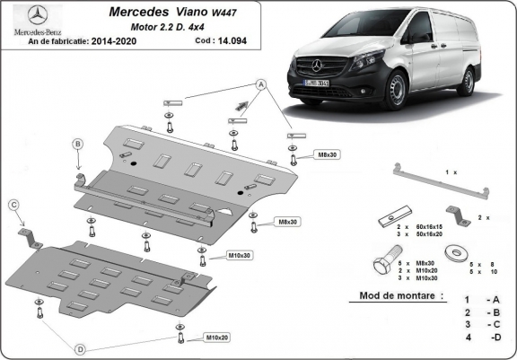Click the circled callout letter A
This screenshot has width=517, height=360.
coord(261,84)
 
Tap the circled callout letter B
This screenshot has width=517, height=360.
coord(78,145)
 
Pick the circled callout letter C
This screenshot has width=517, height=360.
coord(14,206)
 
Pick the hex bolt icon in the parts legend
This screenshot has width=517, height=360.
coord(381,267)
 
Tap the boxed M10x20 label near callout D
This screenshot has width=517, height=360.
coord(215,338)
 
